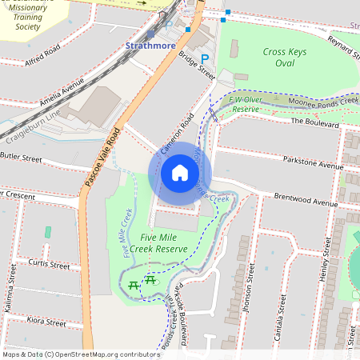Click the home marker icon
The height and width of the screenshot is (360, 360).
pos(180,173)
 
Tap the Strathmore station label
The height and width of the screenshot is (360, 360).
pos(150,46)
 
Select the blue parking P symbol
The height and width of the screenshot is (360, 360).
pos(205,59)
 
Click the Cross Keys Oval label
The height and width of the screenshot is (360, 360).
pos(284,57)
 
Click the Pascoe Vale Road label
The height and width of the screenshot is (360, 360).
pos(101,157)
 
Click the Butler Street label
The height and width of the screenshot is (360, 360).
pos(21,158)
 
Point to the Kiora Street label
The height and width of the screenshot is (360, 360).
pos(46,322)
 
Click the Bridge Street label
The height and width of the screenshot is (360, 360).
pos(197,65)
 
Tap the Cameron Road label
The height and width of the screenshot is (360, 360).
pos(178,133)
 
